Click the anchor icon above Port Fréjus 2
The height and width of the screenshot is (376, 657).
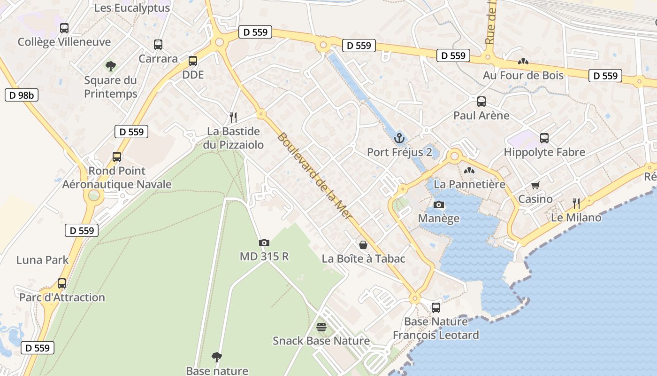click(399, 138)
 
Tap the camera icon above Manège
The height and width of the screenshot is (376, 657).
click(439, 204)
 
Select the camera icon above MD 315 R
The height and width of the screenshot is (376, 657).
click(264, 243)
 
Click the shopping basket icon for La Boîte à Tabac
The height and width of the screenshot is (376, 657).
click(363, 244)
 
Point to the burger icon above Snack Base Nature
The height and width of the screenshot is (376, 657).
click(321, 327)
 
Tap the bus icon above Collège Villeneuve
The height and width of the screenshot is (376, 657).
click(64, 28)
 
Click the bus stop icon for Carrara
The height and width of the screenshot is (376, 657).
click(158, 45)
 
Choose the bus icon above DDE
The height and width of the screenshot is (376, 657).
click(193, 61)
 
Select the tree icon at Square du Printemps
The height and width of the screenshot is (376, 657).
click(111, 66)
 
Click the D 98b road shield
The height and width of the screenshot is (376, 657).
click(21, 95)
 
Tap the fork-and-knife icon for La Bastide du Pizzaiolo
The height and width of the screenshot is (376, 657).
click(233, 117)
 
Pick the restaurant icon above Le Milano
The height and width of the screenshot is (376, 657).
click(576, 203)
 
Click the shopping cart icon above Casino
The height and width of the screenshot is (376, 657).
click(535, 185)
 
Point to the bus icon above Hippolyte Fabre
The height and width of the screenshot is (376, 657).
click(544, 138)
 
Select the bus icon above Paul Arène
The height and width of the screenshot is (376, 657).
click(481, 101)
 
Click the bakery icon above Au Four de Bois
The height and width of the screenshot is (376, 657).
click(523, 62)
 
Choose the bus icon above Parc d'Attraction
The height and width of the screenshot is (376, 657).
click(62, 283)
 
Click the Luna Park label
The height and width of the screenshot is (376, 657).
click(43, 260)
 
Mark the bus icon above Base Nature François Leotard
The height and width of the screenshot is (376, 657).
click(436, 308)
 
